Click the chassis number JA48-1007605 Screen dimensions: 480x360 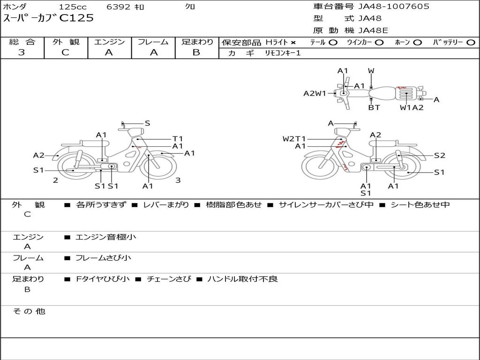tap(394, 7)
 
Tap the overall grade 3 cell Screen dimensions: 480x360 tap(22, 52)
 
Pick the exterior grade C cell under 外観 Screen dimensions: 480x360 tap(66, 52)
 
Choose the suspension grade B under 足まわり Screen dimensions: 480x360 tap(196, 52)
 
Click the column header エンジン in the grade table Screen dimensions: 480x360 tap(109, 42)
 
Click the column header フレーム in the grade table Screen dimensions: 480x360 tap(153, 42)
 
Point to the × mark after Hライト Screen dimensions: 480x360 tap(293, 43)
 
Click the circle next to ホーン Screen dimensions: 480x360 tap(418, 43)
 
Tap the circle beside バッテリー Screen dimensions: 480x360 tap(471, 43)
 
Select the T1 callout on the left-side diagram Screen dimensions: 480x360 tap(178, 139)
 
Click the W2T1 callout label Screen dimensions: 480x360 tap(294, 139)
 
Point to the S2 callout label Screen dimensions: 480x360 tap(439, 156)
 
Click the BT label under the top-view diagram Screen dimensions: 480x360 tap(374, 107)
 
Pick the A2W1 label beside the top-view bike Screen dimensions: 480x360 tap(315, 93)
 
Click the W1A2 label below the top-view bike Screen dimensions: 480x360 tap(412, 107)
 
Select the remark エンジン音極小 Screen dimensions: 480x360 tap(106, 237)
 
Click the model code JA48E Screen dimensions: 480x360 tap(374, 30)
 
